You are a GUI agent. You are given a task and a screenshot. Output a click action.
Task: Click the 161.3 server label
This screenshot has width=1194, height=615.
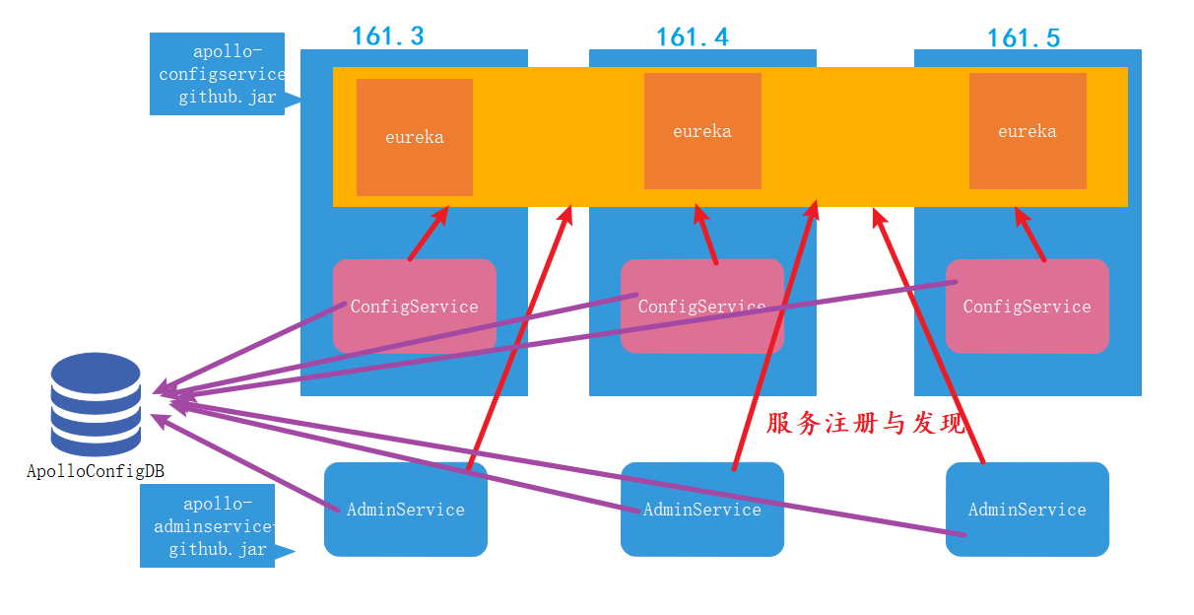388,36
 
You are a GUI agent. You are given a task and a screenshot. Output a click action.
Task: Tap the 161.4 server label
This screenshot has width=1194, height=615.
693,37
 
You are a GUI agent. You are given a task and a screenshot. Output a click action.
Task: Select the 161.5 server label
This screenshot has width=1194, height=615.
1024,38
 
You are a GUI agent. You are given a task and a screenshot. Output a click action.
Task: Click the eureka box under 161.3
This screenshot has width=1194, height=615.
415,137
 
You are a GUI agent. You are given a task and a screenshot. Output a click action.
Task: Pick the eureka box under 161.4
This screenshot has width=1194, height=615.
702,130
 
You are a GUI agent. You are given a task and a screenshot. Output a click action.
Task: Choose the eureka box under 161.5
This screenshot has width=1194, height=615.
1028,130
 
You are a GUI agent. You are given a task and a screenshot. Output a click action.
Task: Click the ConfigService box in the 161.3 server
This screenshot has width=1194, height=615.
415,307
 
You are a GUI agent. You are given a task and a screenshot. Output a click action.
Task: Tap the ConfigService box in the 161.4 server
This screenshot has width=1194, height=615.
701,307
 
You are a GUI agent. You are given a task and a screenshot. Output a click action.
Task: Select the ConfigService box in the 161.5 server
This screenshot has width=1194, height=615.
1027,307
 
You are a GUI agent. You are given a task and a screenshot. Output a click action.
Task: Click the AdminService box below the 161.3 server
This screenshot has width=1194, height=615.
406,510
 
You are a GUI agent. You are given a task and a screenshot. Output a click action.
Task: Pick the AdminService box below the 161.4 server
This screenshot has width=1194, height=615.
701,510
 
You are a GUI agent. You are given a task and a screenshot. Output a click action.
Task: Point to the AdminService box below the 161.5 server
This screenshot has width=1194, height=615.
1028,510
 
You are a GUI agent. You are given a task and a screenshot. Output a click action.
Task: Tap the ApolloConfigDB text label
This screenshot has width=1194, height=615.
96,471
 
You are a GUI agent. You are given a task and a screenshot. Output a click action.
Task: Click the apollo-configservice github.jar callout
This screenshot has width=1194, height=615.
218,74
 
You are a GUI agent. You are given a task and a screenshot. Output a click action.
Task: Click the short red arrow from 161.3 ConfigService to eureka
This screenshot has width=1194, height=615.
428,234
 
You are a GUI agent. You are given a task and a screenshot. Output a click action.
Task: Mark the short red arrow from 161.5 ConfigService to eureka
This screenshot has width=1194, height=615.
1030,233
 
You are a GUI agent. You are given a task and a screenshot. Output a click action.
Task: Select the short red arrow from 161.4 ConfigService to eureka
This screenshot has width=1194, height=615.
705,234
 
